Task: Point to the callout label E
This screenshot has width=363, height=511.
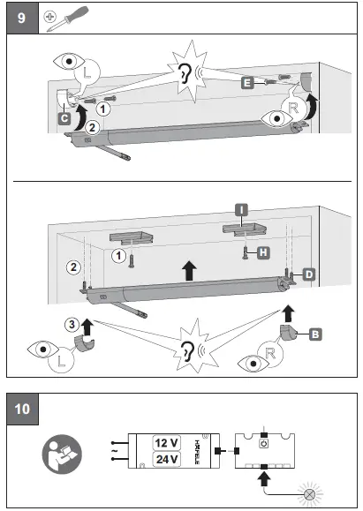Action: click(x=246, y=81)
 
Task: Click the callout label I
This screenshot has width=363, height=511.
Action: click(x=241, y=209)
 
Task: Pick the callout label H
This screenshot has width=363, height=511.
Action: click(x=264, y=252)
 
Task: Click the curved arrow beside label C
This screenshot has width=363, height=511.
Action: click(x=80, y=112)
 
